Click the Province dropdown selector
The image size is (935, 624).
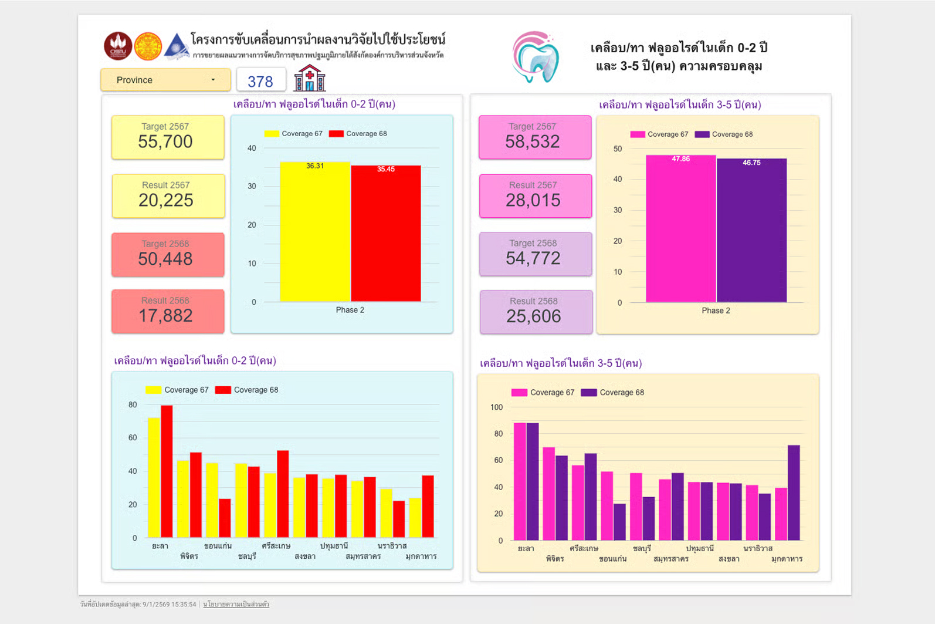click(165, 80)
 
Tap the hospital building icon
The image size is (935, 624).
click(309, 78)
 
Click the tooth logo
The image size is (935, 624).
click(536, 57)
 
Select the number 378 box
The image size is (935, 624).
click(260, 80)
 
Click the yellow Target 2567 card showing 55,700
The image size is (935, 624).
click(168, 137)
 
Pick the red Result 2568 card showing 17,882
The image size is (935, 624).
click(168, 311)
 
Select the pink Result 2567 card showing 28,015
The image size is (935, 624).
click(535, 195)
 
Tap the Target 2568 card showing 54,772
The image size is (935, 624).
click(535, 254)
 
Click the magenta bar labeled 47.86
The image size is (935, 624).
click(680, 229)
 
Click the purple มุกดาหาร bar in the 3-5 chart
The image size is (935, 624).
click(794, 493)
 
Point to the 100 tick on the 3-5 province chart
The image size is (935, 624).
click(496, 407)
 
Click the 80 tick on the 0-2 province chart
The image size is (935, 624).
click(133, 405)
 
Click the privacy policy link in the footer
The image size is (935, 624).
click(236, 604)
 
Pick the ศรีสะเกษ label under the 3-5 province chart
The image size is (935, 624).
click(584, 548)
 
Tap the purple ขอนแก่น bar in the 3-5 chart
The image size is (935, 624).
click(619, 522)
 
